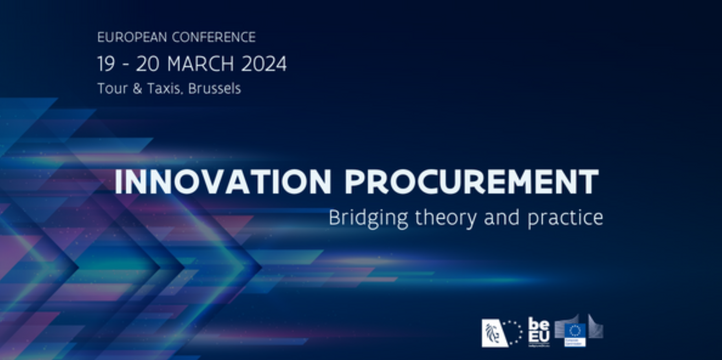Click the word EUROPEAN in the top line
pos(132,37)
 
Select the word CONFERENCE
pos(214,37)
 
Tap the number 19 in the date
pos(106,64)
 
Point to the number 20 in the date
pos(148,64)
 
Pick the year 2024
pos(264,64)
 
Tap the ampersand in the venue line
pos(137,89)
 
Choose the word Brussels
pos(214,88)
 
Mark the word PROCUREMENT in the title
pos(471,182)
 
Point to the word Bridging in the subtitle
pos(368,218)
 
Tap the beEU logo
pos(539,332)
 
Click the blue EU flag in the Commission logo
pos(575,331)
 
